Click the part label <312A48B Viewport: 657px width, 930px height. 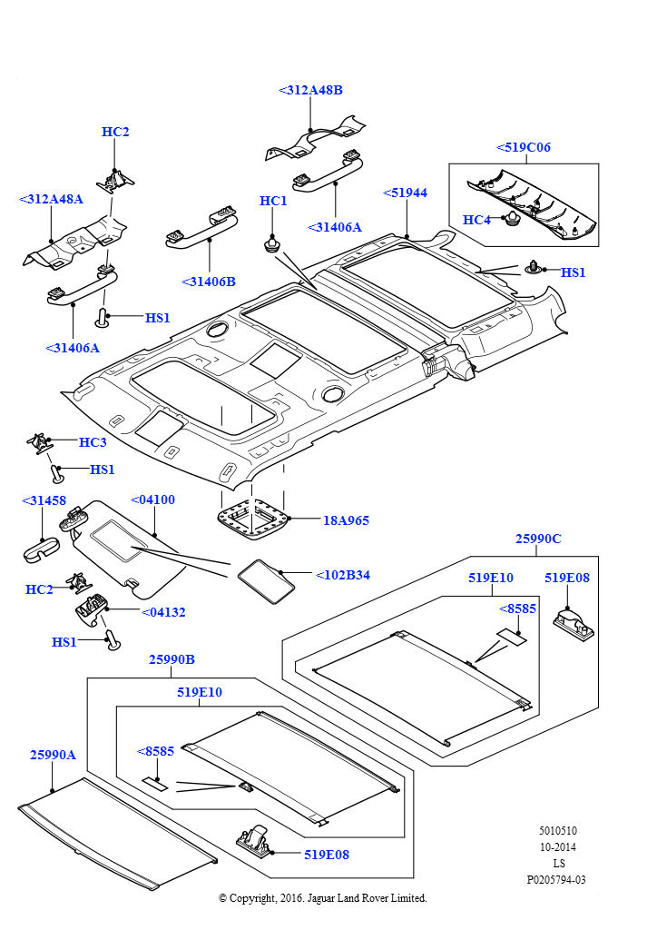click(310, 90)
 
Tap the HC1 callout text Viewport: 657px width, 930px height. click(273, 201)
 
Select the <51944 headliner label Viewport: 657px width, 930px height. click(405, 193)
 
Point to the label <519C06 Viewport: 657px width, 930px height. click(524, 147)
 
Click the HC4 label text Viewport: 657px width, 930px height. click(476, 220)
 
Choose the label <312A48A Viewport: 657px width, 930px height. click(51, 199)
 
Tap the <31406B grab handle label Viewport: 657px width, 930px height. click(209, 282)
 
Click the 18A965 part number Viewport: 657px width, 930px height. click(346, 520)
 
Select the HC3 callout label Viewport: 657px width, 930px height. click(93, 442)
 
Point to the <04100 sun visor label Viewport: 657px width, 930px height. click(153, 500)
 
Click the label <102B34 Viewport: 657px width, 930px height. click(342, 575)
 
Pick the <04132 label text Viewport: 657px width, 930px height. click(163, 612)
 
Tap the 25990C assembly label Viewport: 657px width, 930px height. click(538, 539)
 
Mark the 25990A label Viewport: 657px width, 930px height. click(53, 755)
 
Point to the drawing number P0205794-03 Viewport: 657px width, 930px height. click(556, 879)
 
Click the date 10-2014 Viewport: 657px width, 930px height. click(557, 846)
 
